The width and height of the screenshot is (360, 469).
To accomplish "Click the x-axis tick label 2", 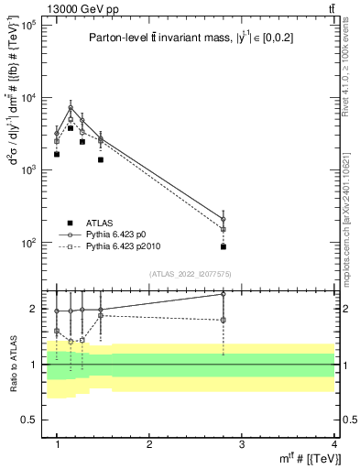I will point(150,444).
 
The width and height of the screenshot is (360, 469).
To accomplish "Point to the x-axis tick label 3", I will point(242,444).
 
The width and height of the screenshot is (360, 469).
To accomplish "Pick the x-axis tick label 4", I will point(334,444).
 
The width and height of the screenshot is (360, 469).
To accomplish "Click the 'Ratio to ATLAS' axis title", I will point(14,364).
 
